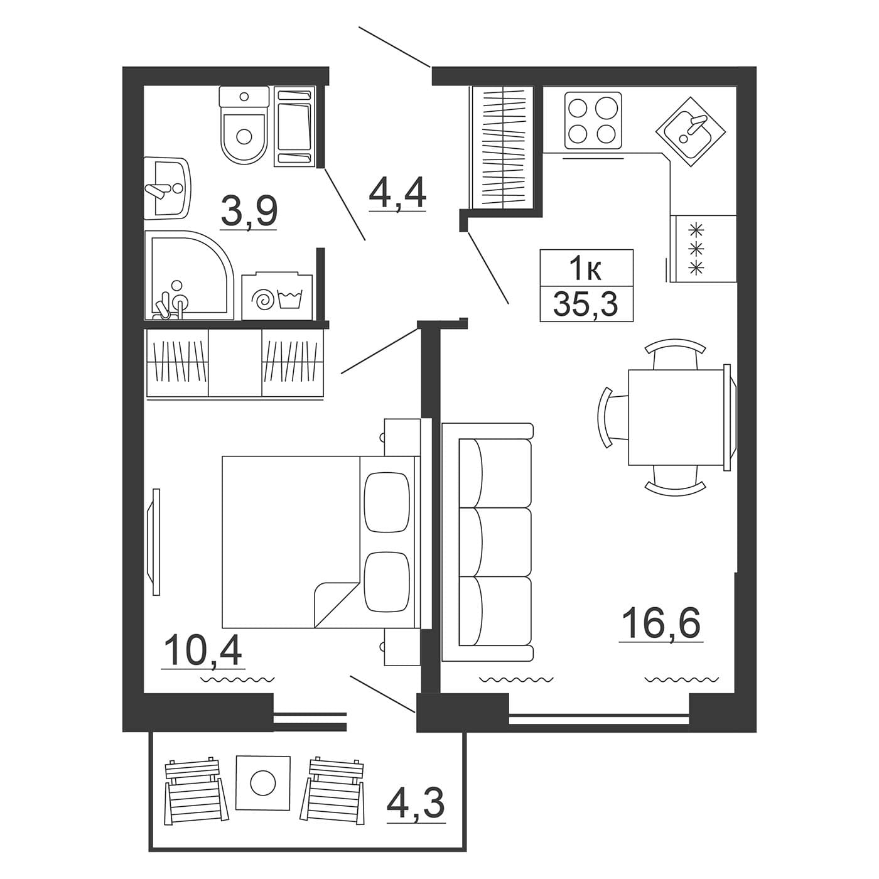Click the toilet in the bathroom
pyautogui.click(x=244, y=125)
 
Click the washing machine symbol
pyautogui.click(x=277, y=296)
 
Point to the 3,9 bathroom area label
pyautogui.click(x=249, y=212)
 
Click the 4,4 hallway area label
pyautogui.click(x=397, y=195)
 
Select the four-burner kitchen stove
pyautogui.click(x=593, y=121)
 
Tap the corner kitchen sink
pyautogui.click(x=690, y=132)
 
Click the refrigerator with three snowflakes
pyautogui.click(x=703, y=248)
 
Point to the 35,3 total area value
pyautogui.click(x=586, y=304)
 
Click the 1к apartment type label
pyautogui.click(x=586, y=269)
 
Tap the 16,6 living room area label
pyautogui.click(x=661, y=625)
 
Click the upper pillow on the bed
pyautogui.click(x=386, y=502)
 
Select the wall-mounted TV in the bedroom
pyautogui.click(x=156, y=542)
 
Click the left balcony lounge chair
pyautogui.click(x=196, y=786)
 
